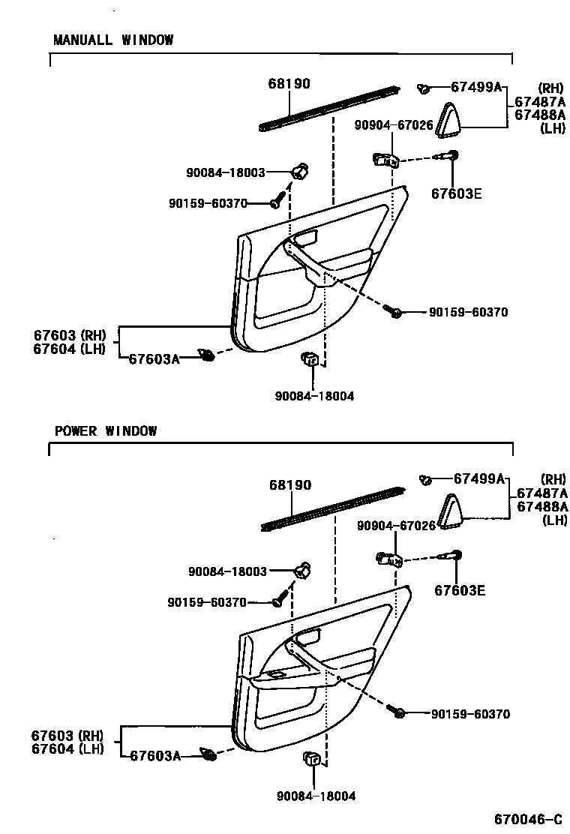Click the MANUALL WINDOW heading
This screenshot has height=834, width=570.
click(113, 40)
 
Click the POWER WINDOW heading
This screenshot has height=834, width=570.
click(106, 430)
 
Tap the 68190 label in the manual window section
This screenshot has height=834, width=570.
click(289, 84)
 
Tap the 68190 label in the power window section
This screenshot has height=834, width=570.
click(290, 485)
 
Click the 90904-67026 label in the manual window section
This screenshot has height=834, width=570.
click(394, 125)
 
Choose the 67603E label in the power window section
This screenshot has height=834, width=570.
click(460, 590)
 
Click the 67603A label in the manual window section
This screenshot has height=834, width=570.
click(154, 358)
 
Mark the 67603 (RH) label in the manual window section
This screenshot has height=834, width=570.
click(70, 334)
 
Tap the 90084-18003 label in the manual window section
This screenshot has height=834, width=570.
click(226, 172)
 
